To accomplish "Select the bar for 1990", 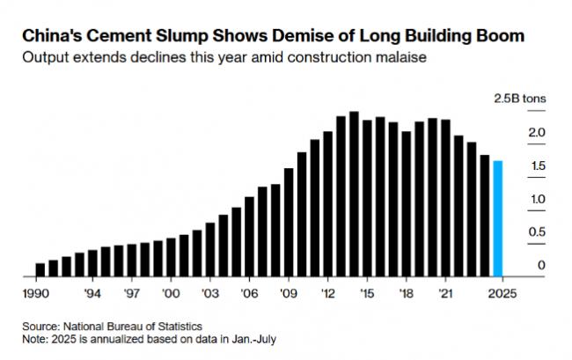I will click(x=40, y=269).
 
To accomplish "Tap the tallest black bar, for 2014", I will click(x=354, y=194).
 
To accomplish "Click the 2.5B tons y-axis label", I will click(x=519, y=98).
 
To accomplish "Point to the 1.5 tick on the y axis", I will click(x=538, y=165).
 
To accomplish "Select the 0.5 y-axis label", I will click(x=538, y=231).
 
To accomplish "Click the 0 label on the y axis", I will click(x=542, y=265).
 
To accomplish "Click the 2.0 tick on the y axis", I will click(x=538, y=132).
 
